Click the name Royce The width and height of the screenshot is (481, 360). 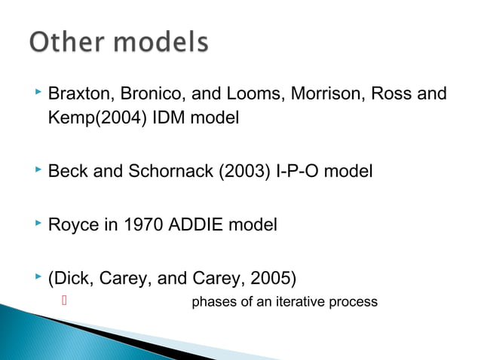point(70,224)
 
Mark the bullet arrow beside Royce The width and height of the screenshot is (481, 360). point(38,222)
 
